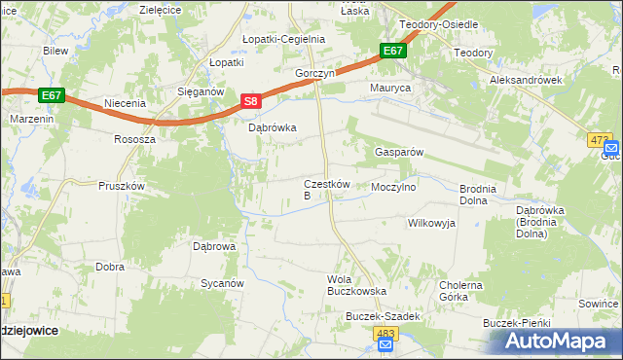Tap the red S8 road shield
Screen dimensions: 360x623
point(251,101)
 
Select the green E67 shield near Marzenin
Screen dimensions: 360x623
point(53,95)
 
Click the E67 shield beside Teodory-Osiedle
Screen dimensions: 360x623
point(393,51)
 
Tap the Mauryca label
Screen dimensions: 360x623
point(390,88)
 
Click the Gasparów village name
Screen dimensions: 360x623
point(397,153)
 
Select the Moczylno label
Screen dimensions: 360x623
point(394,185)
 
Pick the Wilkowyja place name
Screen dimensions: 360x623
point(431,223)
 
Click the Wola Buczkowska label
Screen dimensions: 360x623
point(356,285)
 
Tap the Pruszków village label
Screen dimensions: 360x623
point(122,185)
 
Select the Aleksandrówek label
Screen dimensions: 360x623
point(527,81)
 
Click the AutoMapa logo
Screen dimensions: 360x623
point(555,342)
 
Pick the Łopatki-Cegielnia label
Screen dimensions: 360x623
point(283,39)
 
